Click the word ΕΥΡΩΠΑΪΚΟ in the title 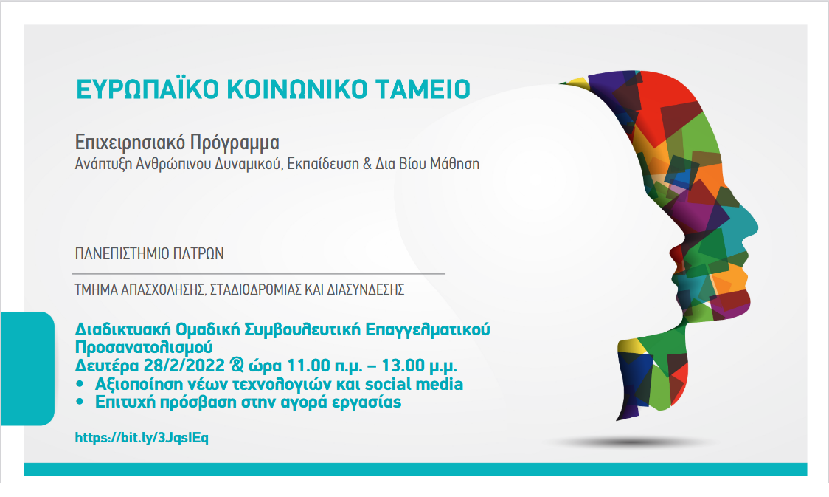148,89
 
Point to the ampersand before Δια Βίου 367,163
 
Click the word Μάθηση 454,163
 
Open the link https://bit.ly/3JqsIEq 142,438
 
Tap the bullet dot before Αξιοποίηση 80,384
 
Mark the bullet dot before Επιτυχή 80,402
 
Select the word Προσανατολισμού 144,348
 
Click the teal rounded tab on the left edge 27,369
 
